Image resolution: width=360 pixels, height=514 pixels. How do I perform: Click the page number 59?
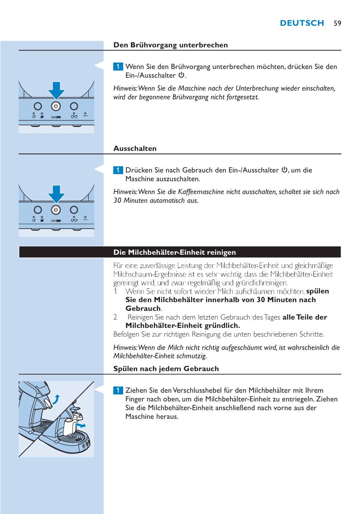coord(337,23)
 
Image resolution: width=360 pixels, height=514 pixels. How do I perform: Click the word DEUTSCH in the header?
coord(302,23)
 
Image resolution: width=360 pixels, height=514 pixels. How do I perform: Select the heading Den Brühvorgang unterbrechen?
coord(171,45)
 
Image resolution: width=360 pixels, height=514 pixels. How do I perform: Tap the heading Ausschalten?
coord(135,149)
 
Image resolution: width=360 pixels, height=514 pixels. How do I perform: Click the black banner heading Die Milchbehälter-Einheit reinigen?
coord(175,252)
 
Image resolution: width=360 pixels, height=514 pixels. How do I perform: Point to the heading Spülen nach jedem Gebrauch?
coord(166,369)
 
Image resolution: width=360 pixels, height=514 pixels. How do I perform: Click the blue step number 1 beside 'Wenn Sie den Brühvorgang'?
coord(118,67)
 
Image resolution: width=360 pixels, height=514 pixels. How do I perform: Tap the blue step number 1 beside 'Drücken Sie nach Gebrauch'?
coord(118,170)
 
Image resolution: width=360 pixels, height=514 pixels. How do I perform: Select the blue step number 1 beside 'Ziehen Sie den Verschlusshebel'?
coord(118,390)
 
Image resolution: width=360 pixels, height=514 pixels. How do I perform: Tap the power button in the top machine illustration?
coord(56,106)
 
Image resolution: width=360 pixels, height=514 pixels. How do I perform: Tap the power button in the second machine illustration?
coord(56,210)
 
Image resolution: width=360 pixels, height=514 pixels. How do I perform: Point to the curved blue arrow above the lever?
coord(56,399)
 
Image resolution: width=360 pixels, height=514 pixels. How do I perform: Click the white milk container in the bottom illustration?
coord(69,428)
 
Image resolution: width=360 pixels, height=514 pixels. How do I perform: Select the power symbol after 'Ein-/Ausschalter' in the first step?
coord(181,75)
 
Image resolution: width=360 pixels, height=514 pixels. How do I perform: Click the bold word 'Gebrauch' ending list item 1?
coord(143,309)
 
